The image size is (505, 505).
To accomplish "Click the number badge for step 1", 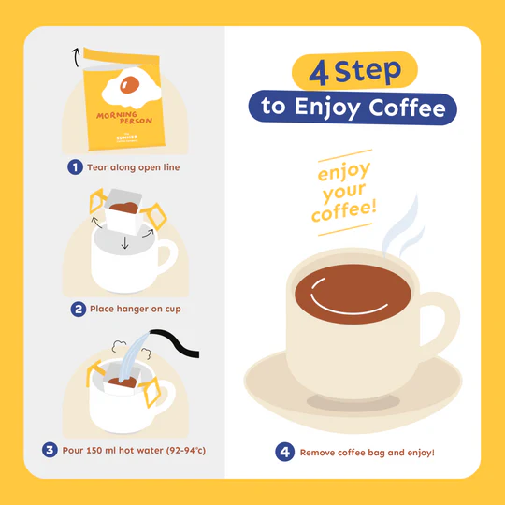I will point(75,167).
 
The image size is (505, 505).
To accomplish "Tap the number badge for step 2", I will point(79,309).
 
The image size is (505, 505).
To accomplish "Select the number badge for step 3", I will point(49,450).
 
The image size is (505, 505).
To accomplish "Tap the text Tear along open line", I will point(133,167).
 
